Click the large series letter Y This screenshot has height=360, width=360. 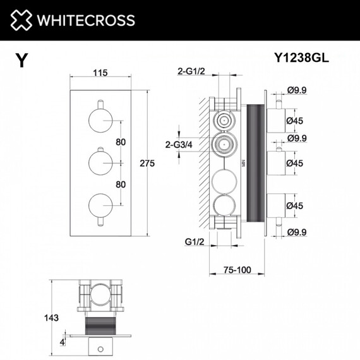pos(22,60)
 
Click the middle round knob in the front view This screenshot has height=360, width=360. pos(100,162)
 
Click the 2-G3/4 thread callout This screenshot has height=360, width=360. pos(178,145)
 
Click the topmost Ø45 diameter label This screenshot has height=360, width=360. pos(296,119)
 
